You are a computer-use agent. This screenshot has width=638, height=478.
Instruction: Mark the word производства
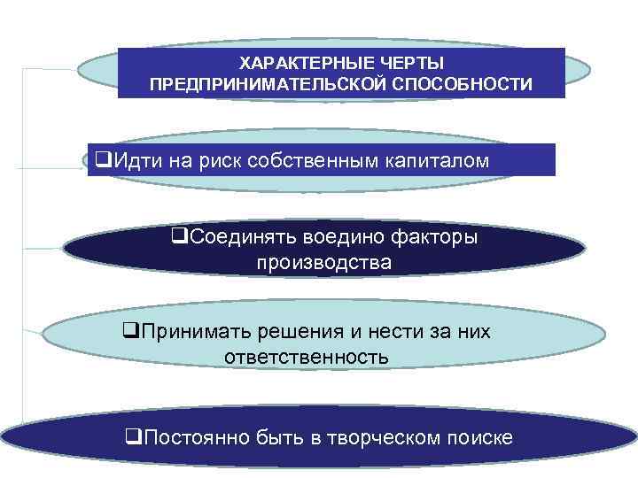tap(323, 263)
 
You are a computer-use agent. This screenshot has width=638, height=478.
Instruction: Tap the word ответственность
tap(307, 358)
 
